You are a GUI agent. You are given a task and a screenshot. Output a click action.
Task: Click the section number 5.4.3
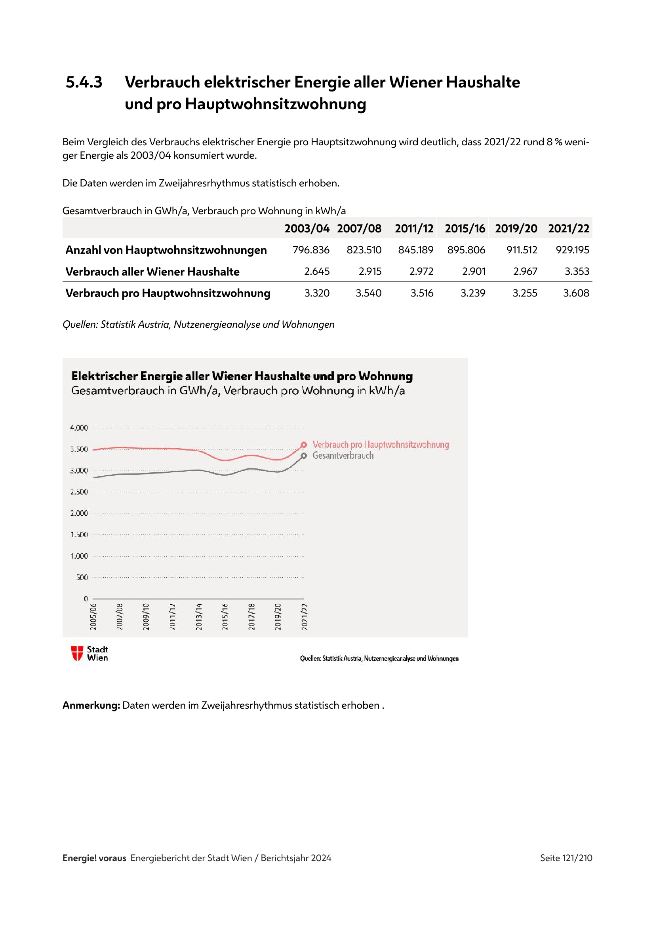coord(84,82)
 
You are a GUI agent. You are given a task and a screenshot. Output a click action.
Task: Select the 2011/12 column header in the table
coord(414,229)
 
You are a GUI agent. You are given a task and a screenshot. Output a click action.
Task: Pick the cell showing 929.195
coord(572,250)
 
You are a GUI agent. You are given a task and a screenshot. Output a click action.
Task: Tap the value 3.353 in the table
coord(577,272)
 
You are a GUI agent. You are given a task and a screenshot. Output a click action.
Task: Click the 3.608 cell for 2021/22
coord(576,293)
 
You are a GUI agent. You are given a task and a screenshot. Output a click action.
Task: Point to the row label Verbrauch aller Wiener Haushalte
coord(152,272)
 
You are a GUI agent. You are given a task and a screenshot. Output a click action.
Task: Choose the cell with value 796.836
coord(311,250)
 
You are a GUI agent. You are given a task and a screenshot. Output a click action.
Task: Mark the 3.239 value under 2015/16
coord(473,293)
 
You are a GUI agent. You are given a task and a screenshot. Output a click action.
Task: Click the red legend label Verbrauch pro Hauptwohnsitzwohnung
coord(381,445)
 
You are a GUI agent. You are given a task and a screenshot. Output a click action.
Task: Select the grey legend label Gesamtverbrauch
coord(343,455)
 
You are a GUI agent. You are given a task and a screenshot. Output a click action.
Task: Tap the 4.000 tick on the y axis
coord(79,428)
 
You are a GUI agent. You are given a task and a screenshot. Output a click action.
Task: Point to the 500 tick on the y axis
coord(82,578)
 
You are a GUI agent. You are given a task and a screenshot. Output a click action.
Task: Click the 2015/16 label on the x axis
coord(225,617)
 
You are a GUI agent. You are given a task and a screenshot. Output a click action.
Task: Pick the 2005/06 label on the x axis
coord(93,617)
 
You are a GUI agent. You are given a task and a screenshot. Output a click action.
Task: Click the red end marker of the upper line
coord(304,445)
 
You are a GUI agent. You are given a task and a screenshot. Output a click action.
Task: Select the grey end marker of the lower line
coord(304,456)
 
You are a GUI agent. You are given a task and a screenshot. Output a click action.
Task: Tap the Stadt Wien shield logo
coord(77,653)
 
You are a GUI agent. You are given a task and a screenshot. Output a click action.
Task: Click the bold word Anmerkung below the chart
coord(91,705)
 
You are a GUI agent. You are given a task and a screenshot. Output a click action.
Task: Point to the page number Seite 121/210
coord(566,858)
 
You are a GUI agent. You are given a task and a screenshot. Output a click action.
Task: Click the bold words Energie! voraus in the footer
coord(94,858)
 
